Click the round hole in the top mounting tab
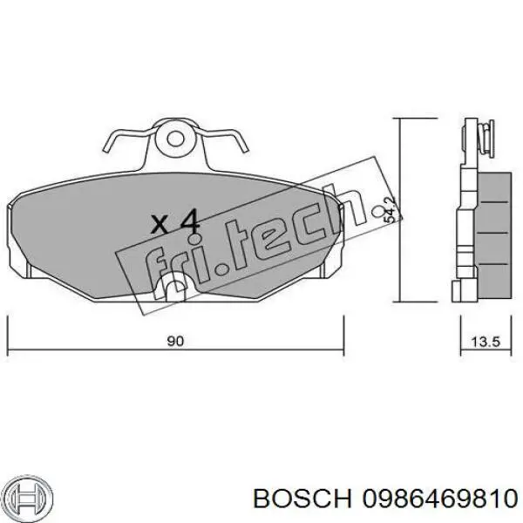178,137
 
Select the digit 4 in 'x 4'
189,221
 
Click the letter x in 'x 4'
160,224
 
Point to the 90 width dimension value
175,342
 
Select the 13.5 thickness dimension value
484,342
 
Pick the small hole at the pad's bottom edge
174,286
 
